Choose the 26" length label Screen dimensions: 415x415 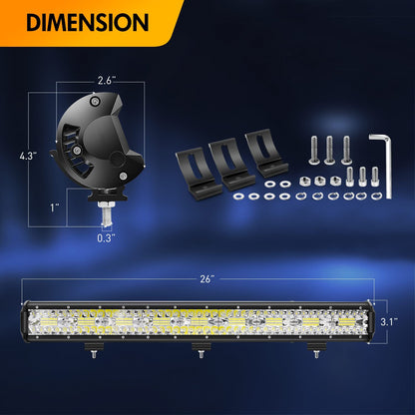207,277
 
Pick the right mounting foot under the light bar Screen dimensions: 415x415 312,351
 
